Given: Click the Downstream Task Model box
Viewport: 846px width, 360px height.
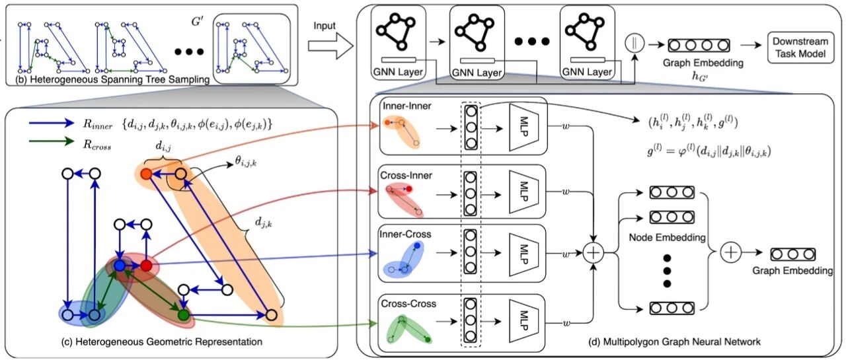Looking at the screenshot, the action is [x=800, y=47].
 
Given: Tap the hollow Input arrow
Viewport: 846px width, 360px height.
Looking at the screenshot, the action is [x=330, y=46].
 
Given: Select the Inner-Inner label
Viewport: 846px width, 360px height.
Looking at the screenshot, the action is [x=406, y=106].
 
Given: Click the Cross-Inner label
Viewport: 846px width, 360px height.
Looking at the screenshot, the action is [x=406, y=175].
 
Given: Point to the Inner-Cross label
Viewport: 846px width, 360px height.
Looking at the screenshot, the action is [x=405, y=234].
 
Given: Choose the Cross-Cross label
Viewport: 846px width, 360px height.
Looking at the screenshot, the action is [x=408, y=303].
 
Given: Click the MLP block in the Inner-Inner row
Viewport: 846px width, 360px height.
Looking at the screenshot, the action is [x=523, y=128].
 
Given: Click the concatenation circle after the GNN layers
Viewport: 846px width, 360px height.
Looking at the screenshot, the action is [x=634, y=43].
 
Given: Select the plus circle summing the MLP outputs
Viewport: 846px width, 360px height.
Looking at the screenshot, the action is [x=594, y=253].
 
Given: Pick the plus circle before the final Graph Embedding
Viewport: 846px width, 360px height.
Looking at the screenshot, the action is [x=730, y=253].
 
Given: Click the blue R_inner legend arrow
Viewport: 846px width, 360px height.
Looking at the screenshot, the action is [x=52, y=123].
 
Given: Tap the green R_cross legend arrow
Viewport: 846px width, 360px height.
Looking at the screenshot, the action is [x=52, y=141].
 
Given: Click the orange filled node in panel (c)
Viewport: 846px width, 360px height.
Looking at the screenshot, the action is [x=146, y=174].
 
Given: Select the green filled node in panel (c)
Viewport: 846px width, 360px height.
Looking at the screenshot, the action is [x=184, y=314].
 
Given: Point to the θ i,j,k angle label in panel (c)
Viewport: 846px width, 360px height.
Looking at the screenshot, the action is [x=245, y=162].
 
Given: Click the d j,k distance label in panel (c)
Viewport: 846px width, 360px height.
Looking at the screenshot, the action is [x=263, y=223].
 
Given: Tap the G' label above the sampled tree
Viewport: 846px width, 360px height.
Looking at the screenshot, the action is [x=198, y=22].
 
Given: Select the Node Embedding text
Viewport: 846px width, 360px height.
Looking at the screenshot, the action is [x=667, y=237].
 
